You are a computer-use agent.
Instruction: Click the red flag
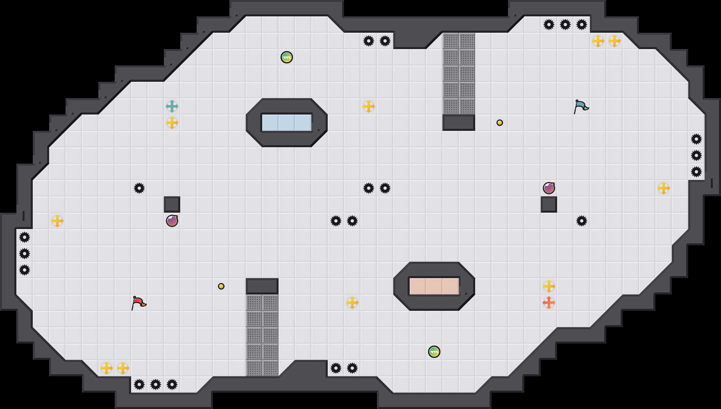[x=138, y=303]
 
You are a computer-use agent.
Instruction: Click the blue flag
[x=581, y=106]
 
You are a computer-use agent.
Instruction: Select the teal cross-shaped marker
[x=172, y=106]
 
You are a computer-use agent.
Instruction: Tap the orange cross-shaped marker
[x=549, y=303]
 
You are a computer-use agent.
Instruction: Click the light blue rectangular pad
[x=287, y=123]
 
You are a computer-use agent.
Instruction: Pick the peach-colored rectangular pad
[x=434, y=286]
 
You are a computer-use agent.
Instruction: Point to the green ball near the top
[x=287, y=57]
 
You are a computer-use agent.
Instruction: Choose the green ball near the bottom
[x=434, y=352]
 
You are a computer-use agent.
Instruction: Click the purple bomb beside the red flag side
[x=172, y=221]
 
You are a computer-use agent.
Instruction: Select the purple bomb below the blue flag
[x=549, y=188]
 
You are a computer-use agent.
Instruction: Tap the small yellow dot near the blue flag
[x=500, y=123]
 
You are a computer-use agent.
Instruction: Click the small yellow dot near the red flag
[x=221, y=286]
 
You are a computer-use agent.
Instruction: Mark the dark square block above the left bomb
[x=172, y=204]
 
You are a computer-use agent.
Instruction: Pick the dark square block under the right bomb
[x=549, y=204]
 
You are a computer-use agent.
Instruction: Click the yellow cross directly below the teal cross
[x=172, y=123]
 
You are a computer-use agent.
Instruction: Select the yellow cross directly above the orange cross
[x=549, y=286]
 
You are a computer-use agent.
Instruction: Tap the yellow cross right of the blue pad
[x=369, y=106]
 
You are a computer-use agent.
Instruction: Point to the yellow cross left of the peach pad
[x=352, y=303]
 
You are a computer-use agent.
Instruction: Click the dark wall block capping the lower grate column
[x=262, y=286]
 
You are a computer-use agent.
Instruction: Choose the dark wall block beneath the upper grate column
[x=459, y=123]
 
